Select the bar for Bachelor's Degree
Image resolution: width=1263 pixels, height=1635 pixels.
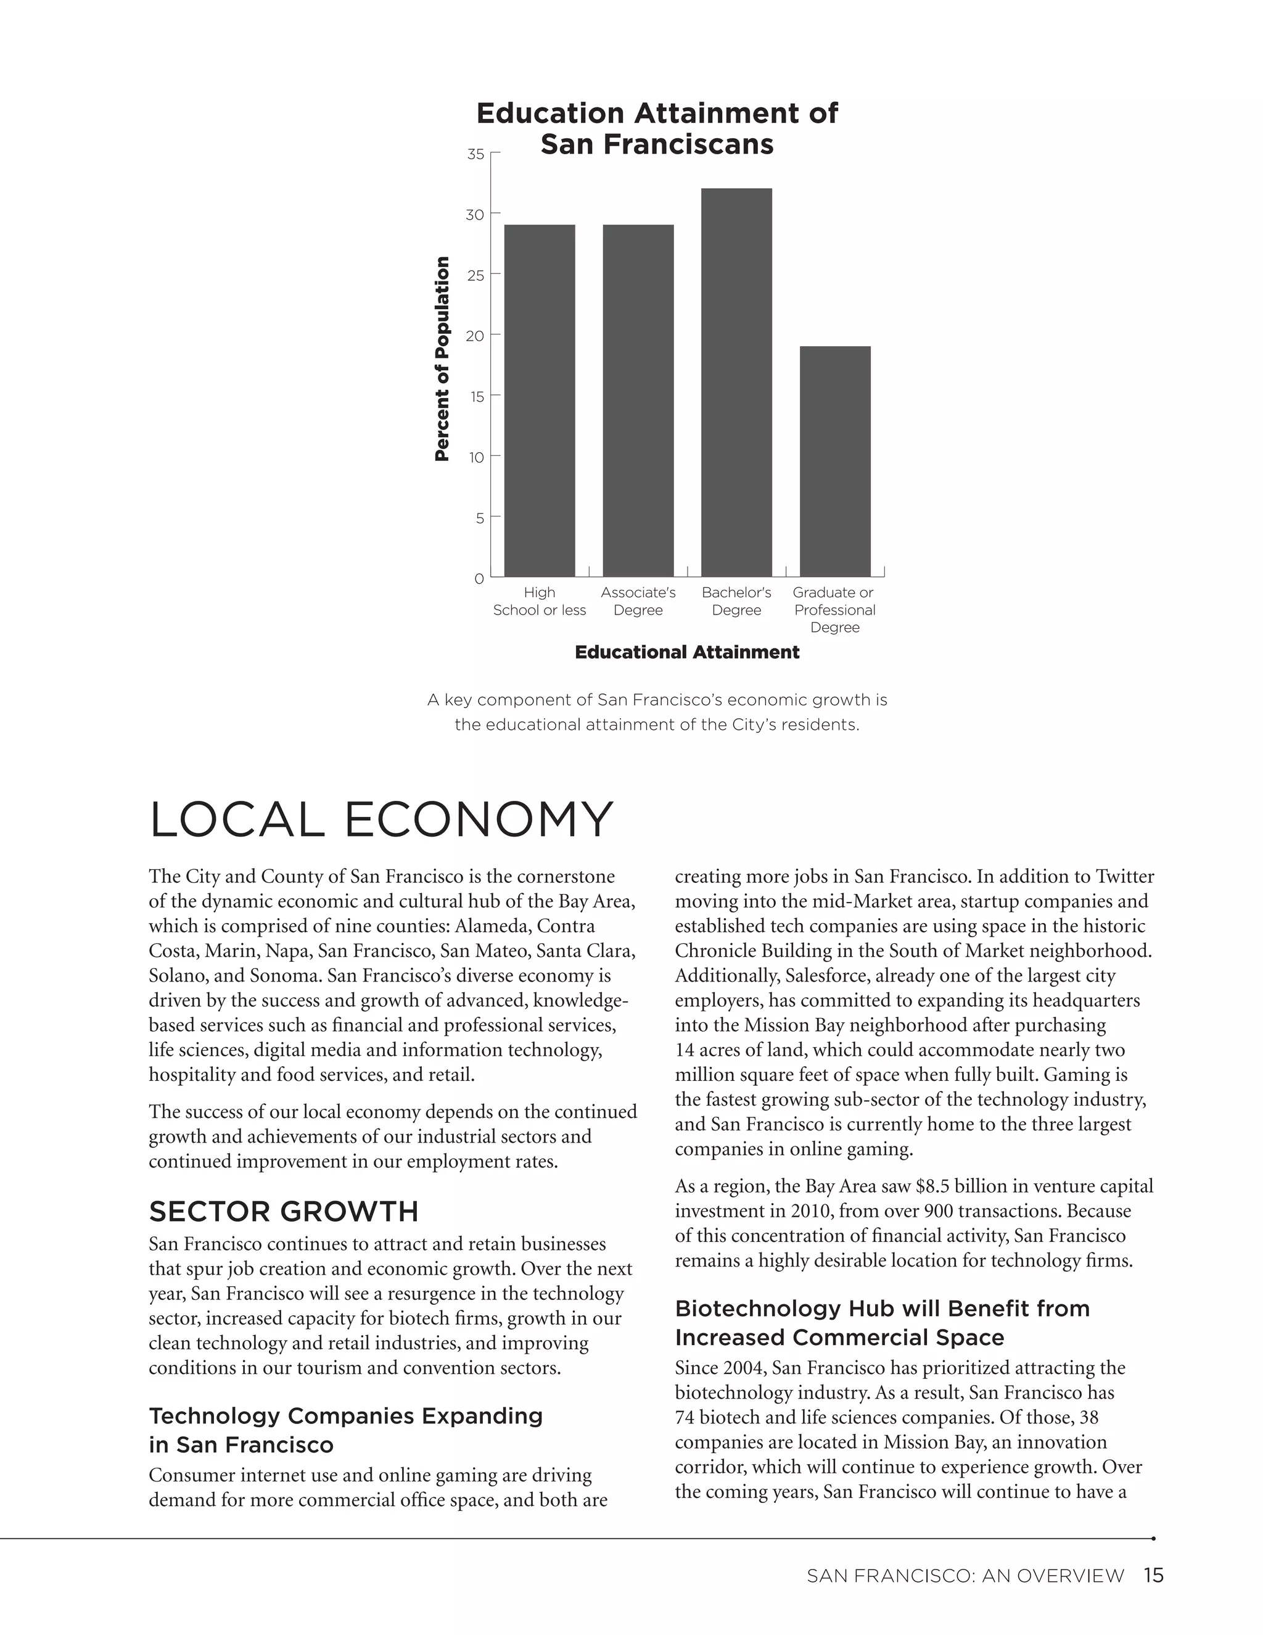[736, 383]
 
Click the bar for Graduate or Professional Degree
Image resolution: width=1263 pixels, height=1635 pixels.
[835, 461]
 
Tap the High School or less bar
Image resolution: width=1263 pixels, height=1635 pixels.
[540, 400]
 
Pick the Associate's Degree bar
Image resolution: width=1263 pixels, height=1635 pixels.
[638, 400]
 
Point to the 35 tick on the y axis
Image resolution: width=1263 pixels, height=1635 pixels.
[476, 154]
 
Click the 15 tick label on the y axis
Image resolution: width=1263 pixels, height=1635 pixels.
[477, 397]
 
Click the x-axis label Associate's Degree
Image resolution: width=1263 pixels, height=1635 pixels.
[638, 601]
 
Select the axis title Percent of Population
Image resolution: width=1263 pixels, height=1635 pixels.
[442, 358]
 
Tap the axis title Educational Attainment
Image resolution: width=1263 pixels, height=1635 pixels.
[687, 652]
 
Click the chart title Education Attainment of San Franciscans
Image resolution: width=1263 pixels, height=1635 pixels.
[657, 129]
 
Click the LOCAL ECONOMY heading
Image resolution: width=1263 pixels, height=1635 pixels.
[381, 820]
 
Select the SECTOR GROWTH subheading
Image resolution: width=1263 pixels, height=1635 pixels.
[284, 1211]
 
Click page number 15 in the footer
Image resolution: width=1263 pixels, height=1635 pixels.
[1153, 1576]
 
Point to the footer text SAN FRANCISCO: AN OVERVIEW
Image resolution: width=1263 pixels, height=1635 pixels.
[965, 1576]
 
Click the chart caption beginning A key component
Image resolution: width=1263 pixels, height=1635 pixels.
[657, 712]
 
